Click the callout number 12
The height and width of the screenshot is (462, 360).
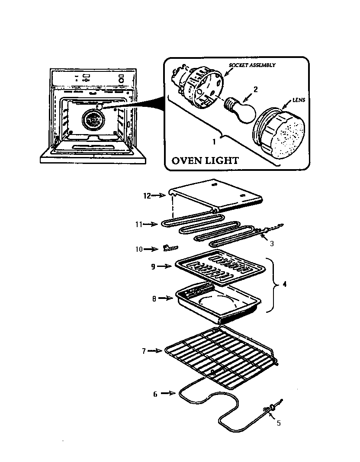[147, 196]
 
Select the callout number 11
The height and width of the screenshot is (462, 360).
[138, 224]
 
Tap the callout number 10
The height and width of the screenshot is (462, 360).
[138, 249]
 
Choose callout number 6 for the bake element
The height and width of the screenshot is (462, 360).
[155, 394]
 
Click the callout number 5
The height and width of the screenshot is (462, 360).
[279, 423]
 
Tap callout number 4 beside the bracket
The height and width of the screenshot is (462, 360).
[285, 285]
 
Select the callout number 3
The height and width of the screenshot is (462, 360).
[272, 244]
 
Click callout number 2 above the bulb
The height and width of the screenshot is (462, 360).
[255, 90]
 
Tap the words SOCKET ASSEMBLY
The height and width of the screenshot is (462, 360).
[252, 65]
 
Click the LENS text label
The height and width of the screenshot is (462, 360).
[298, 99]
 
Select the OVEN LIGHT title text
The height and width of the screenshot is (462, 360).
[205, 160]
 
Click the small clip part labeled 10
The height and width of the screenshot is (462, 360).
[170, 247]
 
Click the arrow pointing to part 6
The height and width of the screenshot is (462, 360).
[168, 394]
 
